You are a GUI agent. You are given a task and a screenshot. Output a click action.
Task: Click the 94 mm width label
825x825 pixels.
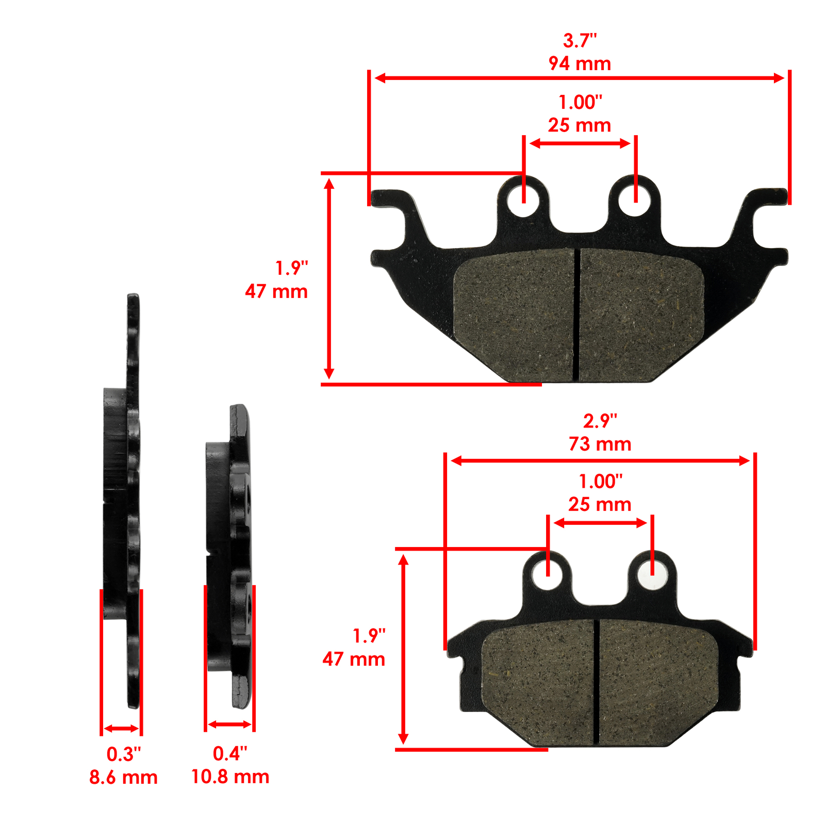coord(580,63)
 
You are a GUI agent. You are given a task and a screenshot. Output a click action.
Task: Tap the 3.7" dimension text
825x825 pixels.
coord(580,40)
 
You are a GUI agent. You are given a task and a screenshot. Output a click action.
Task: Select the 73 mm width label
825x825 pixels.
coord(600,444)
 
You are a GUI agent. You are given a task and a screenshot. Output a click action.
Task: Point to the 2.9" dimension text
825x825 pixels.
coord(600,421)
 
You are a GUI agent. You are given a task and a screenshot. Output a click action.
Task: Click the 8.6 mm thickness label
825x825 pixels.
coord(123,777)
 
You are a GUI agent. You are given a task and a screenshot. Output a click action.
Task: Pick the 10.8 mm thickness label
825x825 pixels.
coord(230,777)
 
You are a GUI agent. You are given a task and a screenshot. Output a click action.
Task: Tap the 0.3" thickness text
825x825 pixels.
coord(123,754)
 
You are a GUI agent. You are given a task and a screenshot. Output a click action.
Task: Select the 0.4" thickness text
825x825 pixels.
coord(230,754)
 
